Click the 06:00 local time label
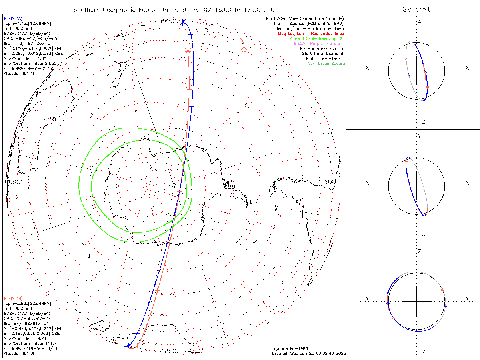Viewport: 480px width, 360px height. (x=169, y=22)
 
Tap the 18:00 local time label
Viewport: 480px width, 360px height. (x=169, y=351)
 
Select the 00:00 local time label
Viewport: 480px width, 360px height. (x=13, y=182)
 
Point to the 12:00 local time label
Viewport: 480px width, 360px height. (x=327, y=182)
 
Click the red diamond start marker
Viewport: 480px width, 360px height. (x=244, y=49)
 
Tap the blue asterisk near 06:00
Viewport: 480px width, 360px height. (x=183, y=22)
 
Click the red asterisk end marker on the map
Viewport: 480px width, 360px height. (x=188, y=51)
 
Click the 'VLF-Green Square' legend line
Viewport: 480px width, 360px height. (x=326, y=64)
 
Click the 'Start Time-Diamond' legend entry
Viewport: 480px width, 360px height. (x=322, y=53)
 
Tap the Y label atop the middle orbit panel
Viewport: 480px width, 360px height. (x=419, y=136)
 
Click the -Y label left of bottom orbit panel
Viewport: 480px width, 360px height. (x=365, y=298)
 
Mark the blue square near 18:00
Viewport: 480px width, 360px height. (x=129, y=347)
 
